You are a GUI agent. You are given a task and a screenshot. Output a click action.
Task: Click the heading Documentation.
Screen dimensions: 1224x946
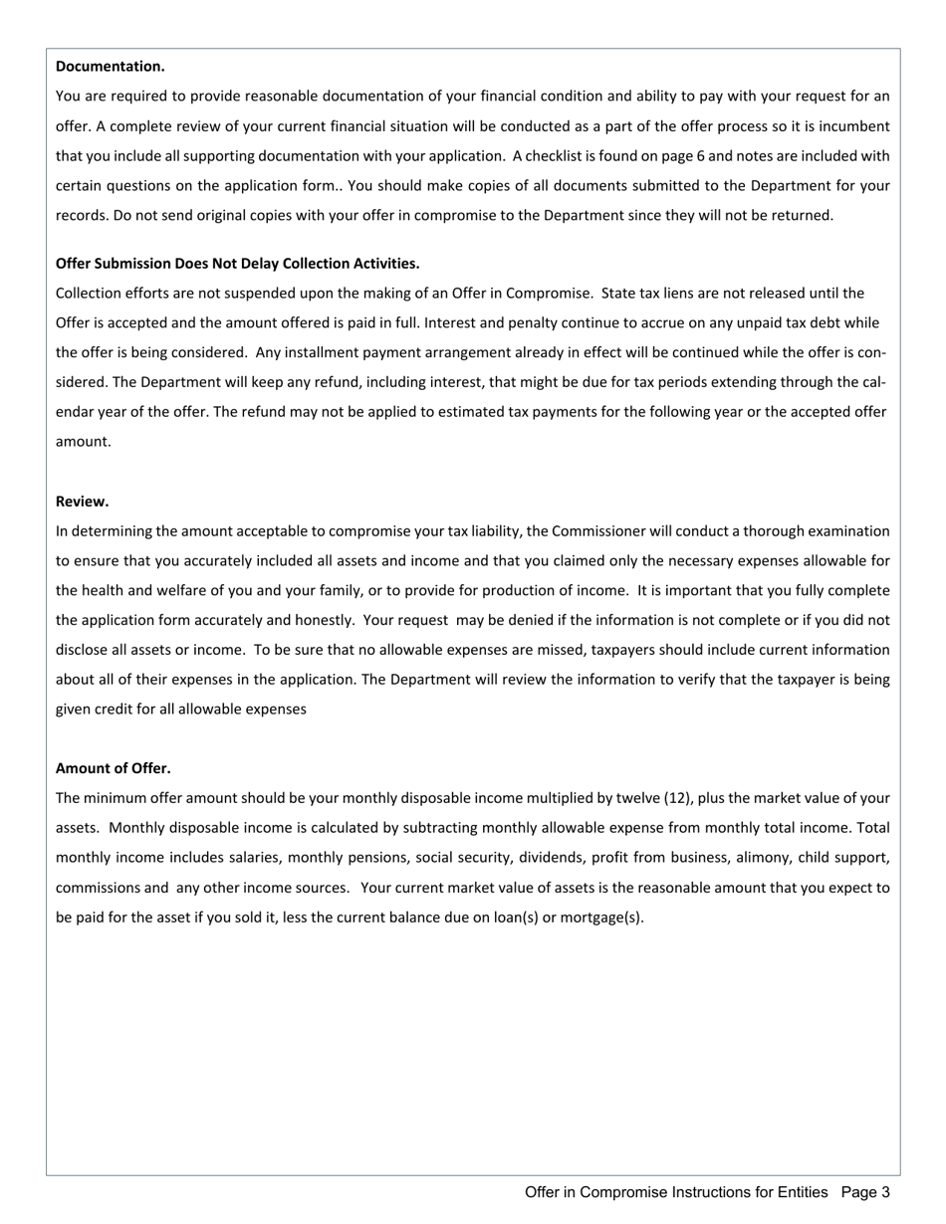(x=110, y=67)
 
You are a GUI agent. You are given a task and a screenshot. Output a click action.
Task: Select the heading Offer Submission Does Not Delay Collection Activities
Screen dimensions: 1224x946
(x=237, y=264)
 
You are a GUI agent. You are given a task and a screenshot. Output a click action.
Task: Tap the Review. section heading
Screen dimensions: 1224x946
(x=82, y=502)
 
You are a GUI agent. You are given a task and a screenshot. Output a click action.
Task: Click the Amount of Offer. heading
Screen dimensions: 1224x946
(x=113, y=768)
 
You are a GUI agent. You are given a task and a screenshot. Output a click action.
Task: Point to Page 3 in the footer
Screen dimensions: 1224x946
(x=864, y=1192)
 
